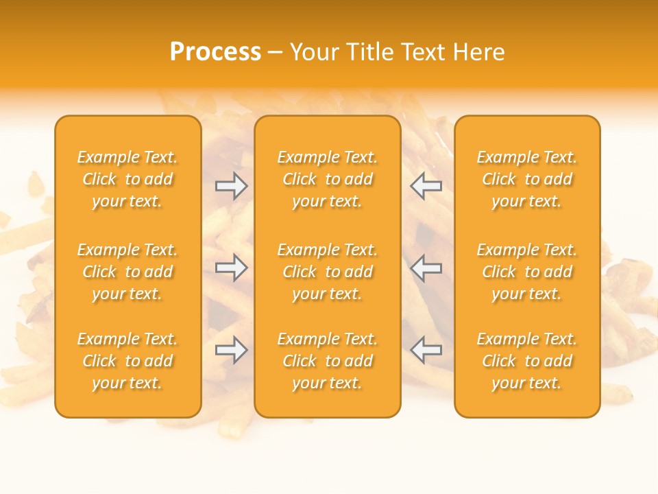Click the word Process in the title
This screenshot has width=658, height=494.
[x=215, y=52]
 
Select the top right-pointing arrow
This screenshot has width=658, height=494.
[x=231, y=185]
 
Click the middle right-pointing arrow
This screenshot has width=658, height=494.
[x=231, y=268]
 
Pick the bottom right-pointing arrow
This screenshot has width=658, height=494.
[x=231, y=351]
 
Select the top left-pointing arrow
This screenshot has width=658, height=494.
[x=426, y=185]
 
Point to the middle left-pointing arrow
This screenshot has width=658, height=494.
[x=426, y=268]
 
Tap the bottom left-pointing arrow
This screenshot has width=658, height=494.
[x=426, y=351]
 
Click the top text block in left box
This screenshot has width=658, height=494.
[x=127, y=179]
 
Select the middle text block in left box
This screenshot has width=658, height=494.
[x=127, y=272]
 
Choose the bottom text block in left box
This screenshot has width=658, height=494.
[x=127, y=361]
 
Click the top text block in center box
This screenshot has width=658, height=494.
[x=328, y=179]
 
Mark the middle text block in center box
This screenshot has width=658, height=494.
[x=328, y=272]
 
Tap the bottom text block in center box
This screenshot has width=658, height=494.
[x=328, y=361]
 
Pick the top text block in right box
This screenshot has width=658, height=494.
[x=527, y=179]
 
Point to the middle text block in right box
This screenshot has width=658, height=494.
[x=527, y=272]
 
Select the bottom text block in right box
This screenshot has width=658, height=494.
[x=527, y=361]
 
